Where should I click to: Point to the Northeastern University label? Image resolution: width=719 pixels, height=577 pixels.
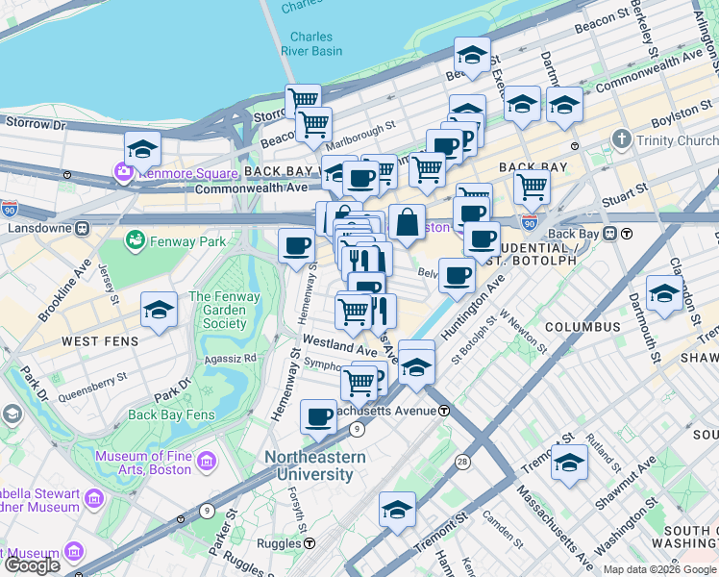pyautogui.click(x=314, y=465)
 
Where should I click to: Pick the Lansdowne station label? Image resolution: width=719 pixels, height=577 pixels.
pyautogui.click(x=38, y=229)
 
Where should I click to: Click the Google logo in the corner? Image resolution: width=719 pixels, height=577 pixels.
pyautogui.click(x=32, y=564)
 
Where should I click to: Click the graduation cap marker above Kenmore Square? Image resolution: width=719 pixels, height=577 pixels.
pyautogui.click(x=142, y=150)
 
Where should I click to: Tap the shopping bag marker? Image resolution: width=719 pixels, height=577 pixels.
pyautogui.click(x=408, y=222)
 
